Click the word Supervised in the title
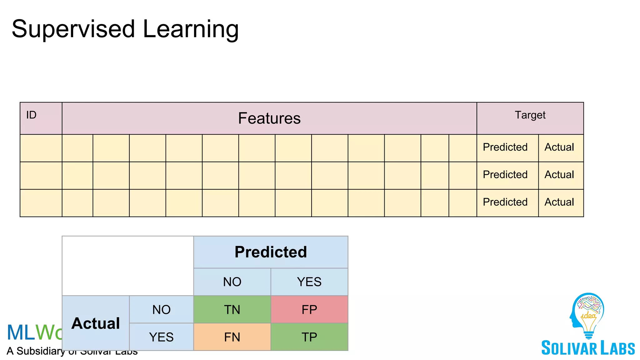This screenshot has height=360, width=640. pos(73,29)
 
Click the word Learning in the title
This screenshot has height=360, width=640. pos(191,29)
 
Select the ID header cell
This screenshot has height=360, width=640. pos(41,118)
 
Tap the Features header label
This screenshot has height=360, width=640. pos(269,118)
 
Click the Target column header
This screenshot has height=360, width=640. pos(530,115)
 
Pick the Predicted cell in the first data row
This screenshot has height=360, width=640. pos(505,147)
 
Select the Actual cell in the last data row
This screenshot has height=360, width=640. pos(559,202)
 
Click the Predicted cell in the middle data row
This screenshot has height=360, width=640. pos(505,175)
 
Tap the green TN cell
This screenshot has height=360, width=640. pos(232,309)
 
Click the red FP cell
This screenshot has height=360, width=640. pos(309,309)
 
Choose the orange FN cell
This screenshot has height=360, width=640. pos(232,337)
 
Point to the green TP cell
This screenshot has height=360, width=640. pos(309,337)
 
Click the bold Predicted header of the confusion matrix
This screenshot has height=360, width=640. pos(271,252)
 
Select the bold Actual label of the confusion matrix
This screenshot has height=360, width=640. pos(96,323)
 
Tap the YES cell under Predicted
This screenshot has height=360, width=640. pos(309,282)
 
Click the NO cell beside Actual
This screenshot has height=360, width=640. pos(161,309)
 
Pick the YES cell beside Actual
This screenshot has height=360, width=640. pos(161,337)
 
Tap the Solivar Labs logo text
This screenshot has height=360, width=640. pos(588,348)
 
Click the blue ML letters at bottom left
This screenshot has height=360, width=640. pos(21,332)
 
